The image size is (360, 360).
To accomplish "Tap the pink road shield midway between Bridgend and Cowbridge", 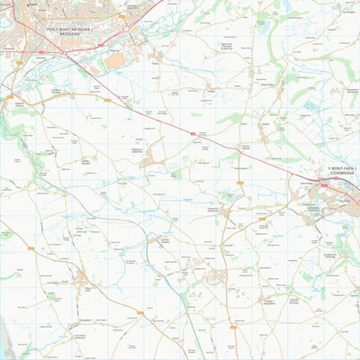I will (192, 133).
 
